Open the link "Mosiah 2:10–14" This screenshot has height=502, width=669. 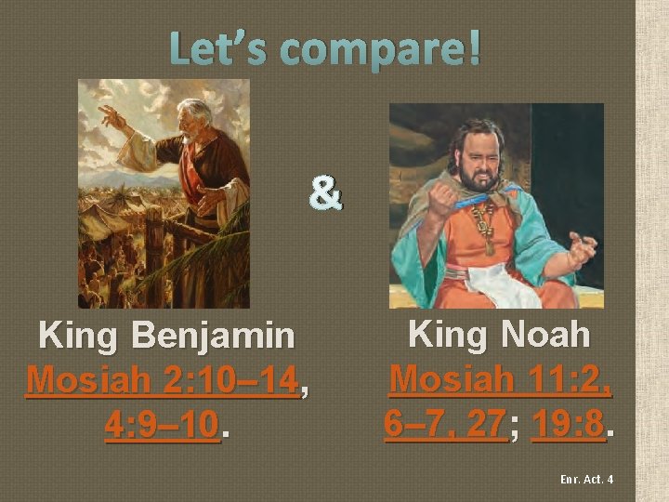point(165,380)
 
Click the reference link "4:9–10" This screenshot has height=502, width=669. point(163,425)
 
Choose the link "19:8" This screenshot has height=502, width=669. point(568,424)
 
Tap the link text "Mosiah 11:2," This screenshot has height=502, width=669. point(500,379)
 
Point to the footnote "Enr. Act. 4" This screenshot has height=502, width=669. point(586,480)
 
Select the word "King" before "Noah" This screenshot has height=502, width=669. point(444,333)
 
